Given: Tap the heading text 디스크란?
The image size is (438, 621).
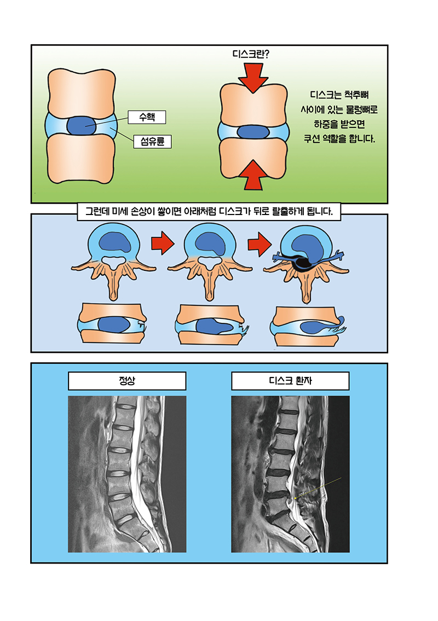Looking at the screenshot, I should point(252,54).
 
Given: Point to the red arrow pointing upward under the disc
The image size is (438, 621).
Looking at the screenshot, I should point(252,173).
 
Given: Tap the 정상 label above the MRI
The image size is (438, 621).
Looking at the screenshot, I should point(127,381).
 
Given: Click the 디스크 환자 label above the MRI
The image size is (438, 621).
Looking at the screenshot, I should point(290,381).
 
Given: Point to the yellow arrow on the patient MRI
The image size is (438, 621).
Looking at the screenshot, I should point(318,488).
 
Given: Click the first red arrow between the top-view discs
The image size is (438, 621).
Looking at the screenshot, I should point(162,245).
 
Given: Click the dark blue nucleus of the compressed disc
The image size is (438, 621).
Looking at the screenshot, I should point(252,132).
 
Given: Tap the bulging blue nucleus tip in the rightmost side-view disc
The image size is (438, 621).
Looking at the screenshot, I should point(340,320).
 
